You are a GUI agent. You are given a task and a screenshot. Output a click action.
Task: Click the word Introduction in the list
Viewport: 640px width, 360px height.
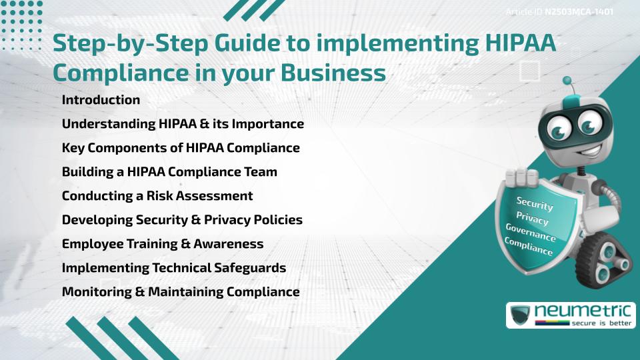point(101,99)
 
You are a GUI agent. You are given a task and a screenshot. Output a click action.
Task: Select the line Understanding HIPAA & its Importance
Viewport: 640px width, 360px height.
point(183,124)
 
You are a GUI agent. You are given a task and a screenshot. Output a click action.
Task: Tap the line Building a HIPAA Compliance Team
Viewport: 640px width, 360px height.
point(169,172)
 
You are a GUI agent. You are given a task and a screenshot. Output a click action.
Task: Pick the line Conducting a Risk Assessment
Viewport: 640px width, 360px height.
point(157,196)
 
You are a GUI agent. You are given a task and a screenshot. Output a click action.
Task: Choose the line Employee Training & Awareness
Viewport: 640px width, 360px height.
point(163,244)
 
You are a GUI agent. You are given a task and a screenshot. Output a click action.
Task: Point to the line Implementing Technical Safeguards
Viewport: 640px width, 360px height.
point(174,268)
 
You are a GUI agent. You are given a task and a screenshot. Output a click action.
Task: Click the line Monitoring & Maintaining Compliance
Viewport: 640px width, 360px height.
point(181,292)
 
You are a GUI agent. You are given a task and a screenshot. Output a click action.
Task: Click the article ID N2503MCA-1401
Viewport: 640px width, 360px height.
point(579,12)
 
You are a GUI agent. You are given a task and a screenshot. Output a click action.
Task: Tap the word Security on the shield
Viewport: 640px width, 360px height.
point(535,203)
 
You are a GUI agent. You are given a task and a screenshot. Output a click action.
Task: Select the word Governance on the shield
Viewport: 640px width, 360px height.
point(531,233)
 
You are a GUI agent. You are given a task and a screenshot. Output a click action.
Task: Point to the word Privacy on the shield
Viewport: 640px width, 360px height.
point(532,218)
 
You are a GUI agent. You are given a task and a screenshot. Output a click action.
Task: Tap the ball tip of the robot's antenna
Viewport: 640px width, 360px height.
point(567,81)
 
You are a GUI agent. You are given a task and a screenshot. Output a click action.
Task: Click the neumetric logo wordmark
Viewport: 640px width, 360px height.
point(583,311)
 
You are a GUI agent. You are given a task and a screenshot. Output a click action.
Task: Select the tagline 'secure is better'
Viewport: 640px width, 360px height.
point(601,323)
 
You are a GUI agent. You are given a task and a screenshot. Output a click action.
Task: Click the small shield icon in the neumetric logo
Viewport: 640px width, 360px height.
point(521,315)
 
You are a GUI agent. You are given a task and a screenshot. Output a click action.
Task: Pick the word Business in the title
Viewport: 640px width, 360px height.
point(333,73)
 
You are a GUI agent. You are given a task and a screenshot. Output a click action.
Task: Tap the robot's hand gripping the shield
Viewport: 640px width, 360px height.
point(521,177)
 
